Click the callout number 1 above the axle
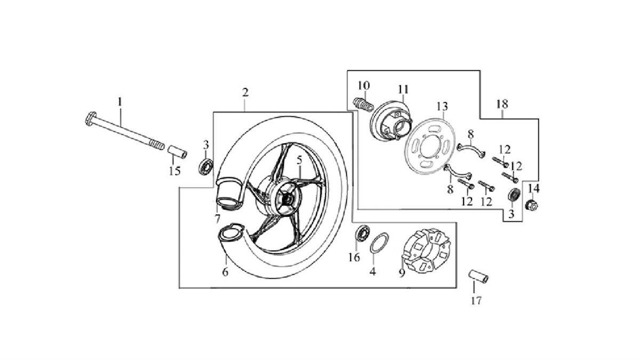(120, 102)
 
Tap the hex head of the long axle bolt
(91, 118)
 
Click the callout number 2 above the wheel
(245, 93)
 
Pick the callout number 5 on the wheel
(299, 161)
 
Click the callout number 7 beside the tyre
(218, 219)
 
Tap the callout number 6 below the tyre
(226, 272)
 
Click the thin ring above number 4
(379, 243)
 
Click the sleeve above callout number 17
(478, 277)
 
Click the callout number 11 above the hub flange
(403, 90)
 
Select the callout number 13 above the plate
(442, 107)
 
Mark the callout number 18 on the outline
(502, 103)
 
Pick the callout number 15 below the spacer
(174, 171)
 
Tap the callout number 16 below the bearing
(354, 258)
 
